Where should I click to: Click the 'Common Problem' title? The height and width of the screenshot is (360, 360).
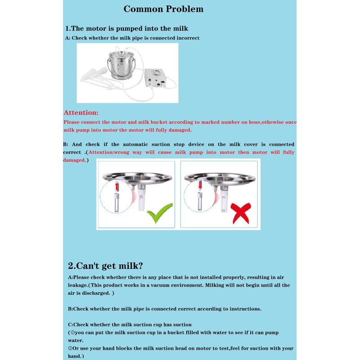click(163, 9)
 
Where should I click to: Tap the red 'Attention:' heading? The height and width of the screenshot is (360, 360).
click(81, 112)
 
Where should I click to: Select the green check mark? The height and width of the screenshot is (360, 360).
click(160, 213)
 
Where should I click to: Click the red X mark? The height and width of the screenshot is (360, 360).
click(241, 213)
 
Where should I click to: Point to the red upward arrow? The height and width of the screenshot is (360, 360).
click(117, 186)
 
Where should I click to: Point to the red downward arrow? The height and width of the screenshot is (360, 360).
click(200, 185)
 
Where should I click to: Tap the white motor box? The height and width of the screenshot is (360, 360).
click(155, 78)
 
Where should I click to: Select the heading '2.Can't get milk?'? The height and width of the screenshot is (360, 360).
click(105, 265)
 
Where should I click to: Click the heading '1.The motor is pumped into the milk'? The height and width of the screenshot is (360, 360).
click(126, 28)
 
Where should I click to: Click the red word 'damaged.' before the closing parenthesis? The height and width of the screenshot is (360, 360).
click(74, 160)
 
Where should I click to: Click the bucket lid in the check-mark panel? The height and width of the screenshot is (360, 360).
click(138, 177)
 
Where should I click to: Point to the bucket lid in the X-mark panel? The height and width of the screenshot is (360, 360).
click(220, 177)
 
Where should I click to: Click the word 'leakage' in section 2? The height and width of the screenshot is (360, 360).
click(78, 285)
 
